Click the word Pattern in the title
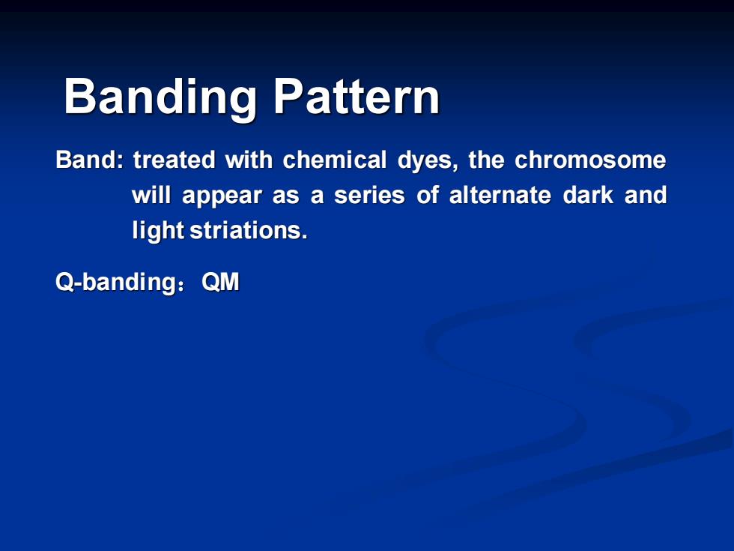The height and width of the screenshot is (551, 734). pyautogui.click(x=357, y=96)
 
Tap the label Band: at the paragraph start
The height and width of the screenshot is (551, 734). pyautogui.click(x=90, y=160)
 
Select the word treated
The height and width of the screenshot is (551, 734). pyautogui.click(x=174, y=160)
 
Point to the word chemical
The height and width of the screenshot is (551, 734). pyautogui.click(x=334, y=160)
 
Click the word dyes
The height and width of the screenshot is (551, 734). pyautogui.click(x=428, y=162)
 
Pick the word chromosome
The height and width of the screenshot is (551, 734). pyautogui.click(x=590, y=160)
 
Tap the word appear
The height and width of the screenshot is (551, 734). pyautogui.click(x=222, y=196)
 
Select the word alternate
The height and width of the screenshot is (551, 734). pyautogui.click(x=500, y=195)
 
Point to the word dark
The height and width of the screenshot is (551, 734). pyautogui.click(x=588, y=195)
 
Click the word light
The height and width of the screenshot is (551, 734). pyautogui.click(x=158, y=231)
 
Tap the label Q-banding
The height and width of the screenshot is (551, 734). pyautogui.click(x=115, y=283)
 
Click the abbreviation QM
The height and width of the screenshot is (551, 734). pyautogui.click(x=220, y=282)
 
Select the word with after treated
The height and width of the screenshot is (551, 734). pyautogui.click(x=249, y=160)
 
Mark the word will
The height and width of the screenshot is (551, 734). pyautogui.click(x=151, y=195)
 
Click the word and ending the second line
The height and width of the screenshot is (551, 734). pyautogui.click(x=646, y=195)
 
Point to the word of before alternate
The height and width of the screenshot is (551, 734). pyautogui.click(x=428, y=195)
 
